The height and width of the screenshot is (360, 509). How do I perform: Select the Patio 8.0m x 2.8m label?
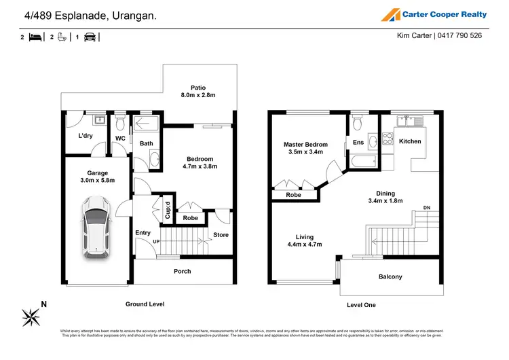click(x=197, y=91)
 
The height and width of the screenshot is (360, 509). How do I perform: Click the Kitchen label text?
click(x=410, y=141)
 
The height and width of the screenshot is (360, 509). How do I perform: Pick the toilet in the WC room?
click(x=119, y=124)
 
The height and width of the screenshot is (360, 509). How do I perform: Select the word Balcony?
click(x=390, y=276)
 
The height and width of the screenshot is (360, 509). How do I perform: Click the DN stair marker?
click(x=426, y=207)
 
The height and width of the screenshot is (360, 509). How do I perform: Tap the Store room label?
click(x=221, y=235)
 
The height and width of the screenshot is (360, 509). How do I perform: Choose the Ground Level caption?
click(x=145, y=304)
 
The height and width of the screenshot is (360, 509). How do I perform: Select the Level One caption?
click(x=361, y=305)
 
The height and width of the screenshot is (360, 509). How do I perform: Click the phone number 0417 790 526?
click(x=459, y=36)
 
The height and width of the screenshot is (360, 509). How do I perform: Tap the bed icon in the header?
click(x=35, y=37)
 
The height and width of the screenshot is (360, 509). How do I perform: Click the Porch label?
click(x=182, y=271)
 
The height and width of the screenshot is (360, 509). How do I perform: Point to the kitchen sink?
click(x=410, y=121)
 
